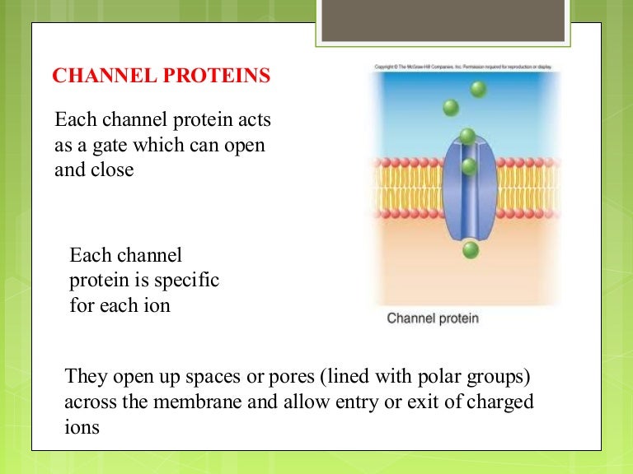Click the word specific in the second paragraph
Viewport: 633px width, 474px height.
point(189,281)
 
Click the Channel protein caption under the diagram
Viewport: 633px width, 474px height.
point(433,318)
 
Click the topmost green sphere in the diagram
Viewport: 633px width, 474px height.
point(478,89)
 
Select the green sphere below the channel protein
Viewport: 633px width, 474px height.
point(469,249)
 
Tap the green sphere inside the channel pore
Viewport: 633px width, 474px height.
point(469,166)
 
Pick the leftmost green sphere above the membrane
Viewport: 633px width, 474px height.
point(450,107)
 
